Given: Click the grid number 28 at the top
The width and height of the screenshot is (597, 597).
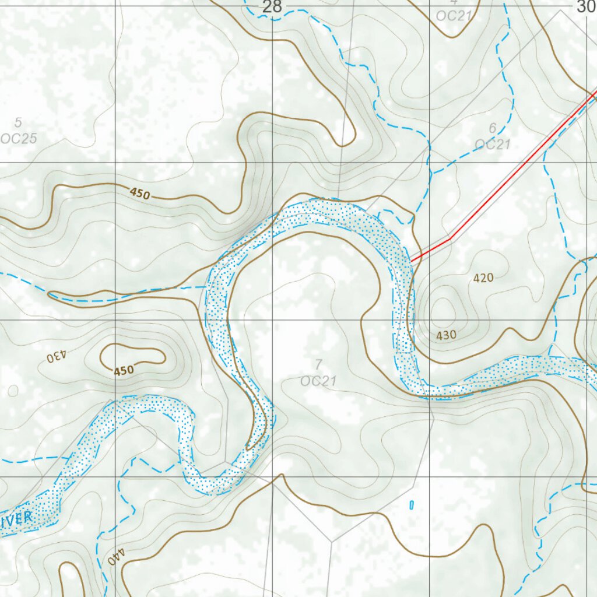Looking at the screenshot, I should coord(272,7).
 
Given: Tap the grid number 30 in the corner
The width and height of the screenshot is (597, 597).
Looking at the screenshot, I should coord(585,6).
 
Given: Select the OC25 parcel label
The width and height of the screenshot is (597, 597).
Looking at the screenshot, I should coord(19,138).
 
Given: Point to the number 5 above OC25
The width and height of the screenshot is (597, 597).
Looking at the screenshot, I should coord(18,122).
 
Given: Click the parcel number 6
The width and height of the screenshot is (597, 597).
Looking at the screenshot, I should coord(493,128).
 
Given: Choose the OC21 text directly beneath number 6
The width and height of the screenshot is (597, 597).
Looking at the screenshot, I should coord(493,144).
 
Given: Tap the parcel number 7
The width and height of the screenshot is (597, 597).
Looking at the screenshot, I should coord(318,365).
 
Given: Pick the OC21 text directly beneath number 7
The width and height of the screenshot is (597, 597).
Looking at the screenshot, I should coord(318,381).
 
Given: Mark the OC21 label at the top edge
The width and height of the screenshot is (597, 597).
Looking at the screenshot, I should coord(454,15).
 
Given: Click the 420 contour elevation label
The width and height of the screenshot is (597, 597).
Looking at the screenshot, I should coord(483,279).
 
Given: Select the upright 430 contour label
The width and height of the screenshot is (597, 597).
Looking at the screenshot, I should coord(446,335).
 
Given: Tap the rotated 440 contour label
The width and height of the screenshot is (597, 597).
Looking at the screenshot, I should coord(116,556).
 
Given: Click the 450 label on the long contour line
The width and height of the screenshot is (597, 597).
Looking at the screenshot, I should coord(140,194).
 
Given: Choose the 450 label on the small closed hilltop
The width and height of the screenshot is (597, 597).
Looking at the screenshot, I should coord(124,370).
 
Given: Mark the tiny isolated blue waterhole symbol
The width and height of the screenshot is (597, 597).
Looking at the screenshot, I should coord(412,504).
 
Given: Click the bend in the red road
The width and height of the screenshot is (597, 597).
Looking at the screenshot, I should coord(450,239).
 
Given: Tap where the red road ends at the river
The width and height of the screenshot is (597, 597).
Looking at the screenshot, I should coord(411,260).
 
